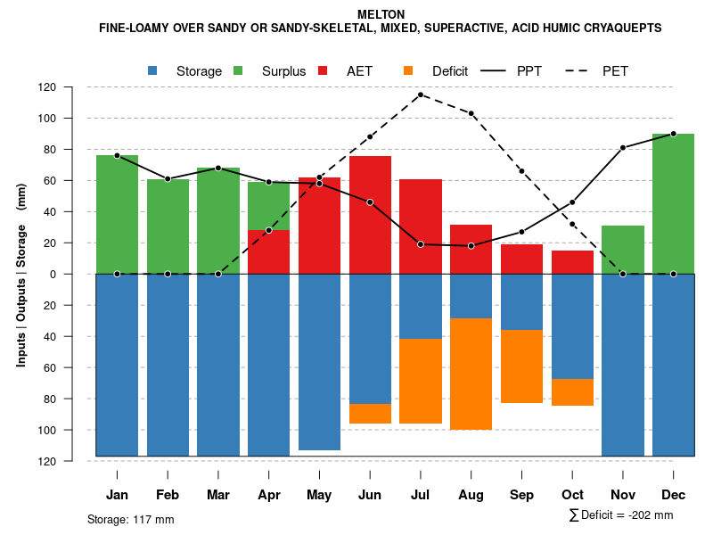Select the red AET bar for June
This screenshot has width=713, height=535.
[x=370, y=215]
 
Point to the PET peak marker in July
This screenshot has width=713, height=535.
[x=420, y=95]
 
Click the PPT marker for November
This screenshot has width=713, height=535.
[x=623, y=148]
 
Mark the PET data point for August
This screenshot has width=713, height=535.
[x=471, y=113]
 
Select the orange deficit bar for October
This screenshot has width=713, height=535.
[x=572, y=392]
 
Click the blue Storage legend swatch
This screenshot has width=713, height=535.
[x=153, y=70]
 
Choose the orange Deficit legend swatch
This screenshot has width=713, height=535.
[x=409, y=70]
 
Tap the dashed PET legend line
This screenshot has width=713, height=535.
[x=580, y=70]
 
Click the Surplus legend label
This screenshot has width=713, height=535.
[x=283, y=71]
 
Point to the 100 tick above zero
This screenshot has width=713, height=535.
[x=72, y=119]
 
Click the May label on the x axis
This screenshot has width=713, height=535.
[x=319, y=495]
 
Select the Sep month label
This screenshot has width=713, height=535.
[x=521, y=495]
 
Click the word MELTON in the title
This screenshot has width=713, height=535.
[x=381, y=14]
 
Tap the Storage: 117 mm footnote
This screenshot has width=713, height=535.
[x=131, y=520]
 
